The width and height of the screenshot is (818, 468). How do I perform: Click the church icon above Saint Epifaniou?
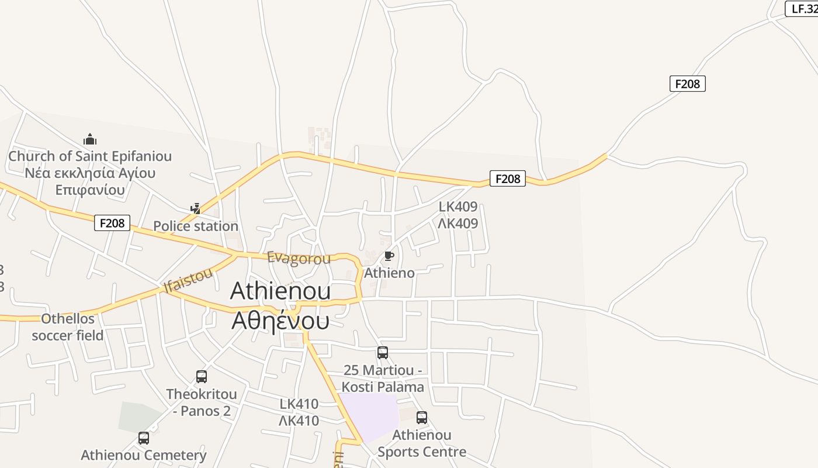coord(89,139)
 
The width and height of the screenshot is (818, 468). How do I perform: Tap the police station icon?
coord(196,208)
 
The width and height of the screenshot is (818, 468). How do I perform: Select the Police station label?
coord(196,226)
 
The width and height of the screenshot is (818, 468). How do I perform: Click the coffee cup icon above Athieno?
coord(389,256)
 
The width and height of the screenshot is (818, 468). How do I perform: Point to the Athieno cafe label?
coord(389,273)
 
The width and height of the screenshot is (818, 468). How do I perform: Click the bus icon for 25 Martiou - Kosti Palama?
coord(383,353)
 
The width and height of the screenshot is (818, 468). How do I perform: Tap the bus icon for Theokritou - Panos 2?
coord(202,377)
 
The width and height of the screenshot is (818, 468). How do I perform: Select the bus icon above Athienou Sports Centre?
coord(422,418)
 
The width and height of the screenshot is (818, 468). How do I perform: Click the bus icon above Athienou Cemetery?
coord(144,438)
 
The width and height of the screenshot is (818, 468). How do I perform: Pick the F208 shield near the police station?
coord(112,223)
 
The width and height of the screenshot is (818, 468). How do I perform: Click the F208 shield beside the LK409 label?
coord(507,178)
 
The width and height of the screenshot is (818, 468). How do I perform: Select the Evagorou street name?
coord(299,258)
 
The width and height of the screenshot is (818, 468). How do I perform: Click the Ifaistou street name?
coord(188,280)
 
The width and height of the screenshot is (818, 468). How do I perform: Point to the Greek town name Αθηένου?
coord(280,321)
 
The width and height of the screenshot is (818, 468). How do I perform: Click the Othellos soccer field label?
coord(68,327)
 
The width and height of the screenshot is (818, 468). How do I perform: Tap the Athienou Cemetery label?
coord(144,455)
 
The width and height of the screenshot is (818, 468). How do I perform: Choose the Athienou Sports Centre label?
coord(422,443)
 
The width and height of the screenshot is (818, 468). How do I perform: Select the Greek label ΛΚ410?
coord(299,421)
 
